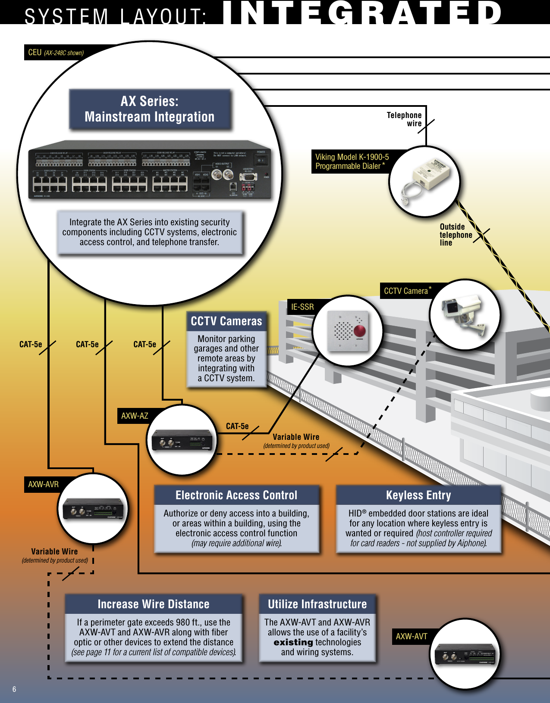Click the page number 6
pyautogui.click(x=14, y=689)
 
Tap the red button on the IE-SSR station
pyautogui.click(x=359, y=331)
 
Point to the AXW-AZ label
pyautogui.click(x=135, y=416)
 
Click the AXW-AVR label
pyautogui.click(x=43, y=485)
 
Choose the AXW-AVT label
pyautogui.click(x=412, y=637)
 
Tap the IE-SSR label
pyautogui.click(x=302, y=307)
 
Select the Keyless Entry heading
pyautogui.click(x=418, y=495)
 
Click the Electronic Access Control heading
pyautogui.click(x=236, y=495)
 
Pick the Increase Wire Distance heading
pyautogui.click(x=154, y=604)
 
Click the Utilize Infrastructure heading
pyautogui.click(x=317, y=604)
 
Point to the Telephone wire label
pyautogui.click(x=405, y=119)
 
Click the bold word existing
pyautogui.click(x=293, y=642)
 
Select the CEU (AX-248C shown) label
pyautogui.click(x=56, y=53)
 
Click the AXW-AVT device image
pyautogui.click(x=465, y=654)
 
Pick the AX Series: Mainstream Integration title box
pyautogui.click(x=150, y=109)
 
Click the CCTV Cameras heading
pyautogui.click(x=226, y=321)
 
